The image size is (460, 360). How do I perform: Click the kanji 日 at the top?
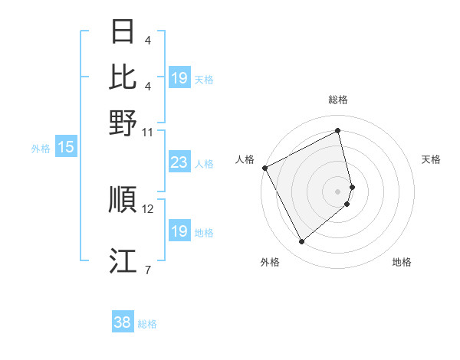pyautogui.click(x=123, y=32)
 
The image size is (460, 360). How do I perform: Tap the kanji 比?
pyautogui.click(x=123, y=77)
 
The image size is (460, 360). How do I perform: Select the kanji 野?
pyautogui.click(x=123, y=123)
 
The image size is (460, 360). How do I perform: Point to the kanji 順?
pyautogui.click(x=123, y=199)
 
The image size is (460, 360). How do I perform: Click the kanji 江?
pyautogui.click(x=123, y=260)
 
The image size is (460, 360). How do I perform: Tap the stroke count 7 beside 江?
pyautogui.click(x=147, y=269)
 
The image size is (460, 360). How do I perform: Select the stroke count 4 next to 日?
pyautogui.click(x=147, y=41)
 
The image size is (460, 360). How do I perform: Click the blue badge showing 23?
pyautogui.click(x=179, y=162)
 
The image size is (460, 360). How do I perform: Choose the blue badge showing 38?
pyautogui.click(x=122, y=322)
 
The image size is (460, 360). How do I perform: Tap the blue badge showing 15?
pyautogui.click(x=66, y=148)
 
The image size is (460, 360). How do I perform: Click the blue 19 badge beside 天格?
pyautogui.click(x=179, y=78)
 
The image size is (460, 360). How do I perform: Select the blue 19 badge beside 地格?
pyautogui.click(x=179, y=231)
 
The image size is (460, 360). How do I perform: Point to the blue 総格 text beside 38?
pyautogui.click(x=147, y=324)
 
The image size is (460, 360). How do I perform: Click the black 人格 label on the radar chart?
pyautogui.click(x=245, y=159)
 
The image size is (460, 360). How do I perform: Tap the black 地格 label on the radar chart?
pyautogui.click(x=402, y=262)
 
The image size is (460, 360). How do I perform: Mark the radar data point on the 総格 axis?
pyautogui.click(x=338, y=131)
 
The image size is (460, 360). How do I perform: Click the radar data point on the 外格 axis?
pyautogui.click(x=301, y=242)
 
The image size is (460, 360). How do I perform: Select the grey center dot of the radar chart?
pyautogui.click(x=338, y=191)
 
